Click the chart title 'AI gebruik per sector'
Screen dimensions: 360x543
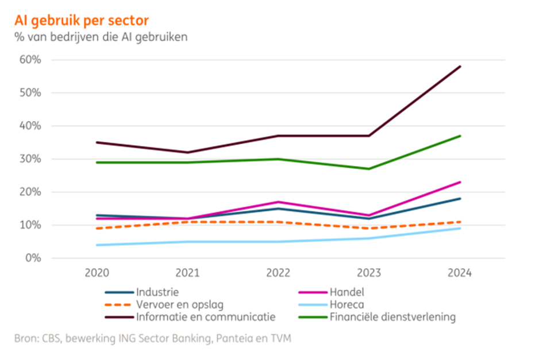click(x=81, y=21)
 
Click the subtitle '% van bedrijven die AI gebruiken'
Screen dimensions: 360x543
click(x=101, y=37)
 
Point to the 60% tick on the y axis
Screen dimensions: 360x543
click(x=30, y=60)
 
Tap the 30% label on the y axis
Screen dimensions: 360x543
click(x=30, y=159)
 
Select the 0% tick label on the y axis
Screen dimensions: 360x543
click(x=32, y=258)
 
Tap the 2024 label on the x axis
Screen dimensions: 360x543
click(x=460, y=274)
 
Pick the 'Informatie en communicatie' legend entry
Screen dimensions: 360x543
click(x=190, y=316)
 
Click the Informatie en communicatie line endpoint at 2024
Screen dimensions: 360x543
click(x=460, y=67)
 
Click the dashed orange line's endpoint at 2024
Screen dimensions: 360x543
click(x=460, y=222)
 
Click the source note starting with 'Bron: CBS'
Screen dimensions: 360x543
click(x=153, y=339)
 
